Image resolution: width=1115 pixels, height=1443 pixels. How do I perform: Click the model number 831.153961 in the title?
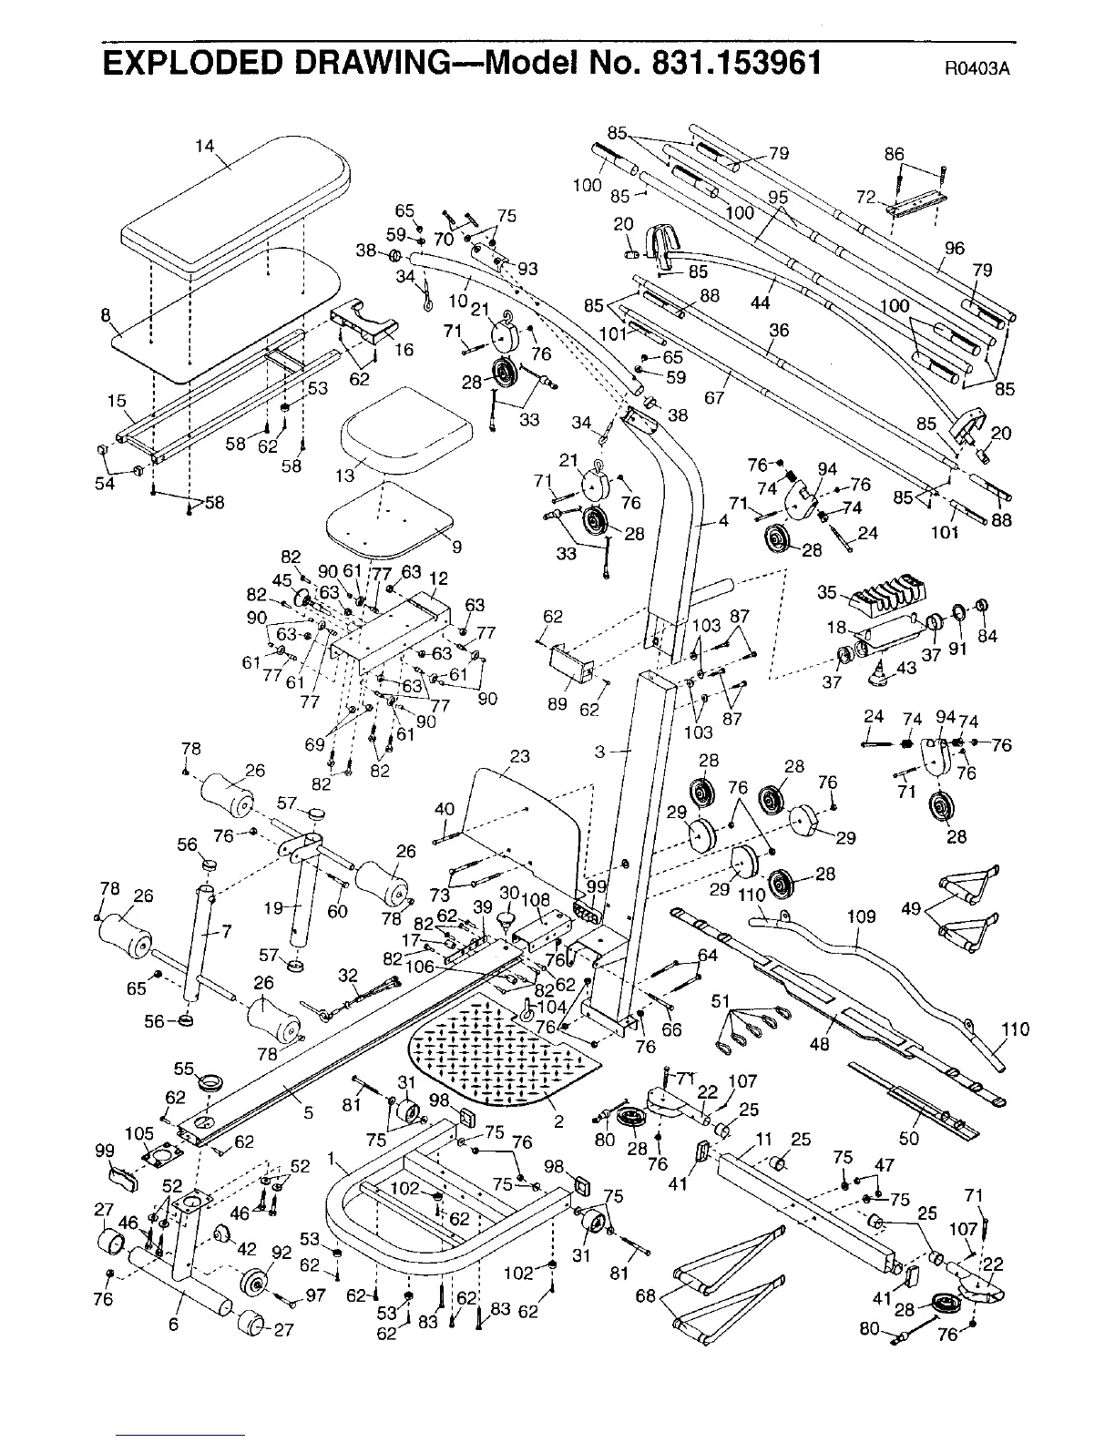[737, 64]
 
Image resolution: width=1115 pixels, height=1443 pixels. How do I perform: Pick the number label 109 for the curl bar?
[862, 917]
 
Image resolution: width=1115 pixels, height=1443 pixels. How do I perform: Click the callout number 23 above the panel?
[520, 756]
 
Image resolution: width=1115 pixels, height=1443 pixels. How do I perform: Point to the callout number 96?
[954, 248]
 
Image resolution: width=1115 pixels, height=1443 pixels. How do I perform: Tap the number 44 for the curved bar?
[760, 302]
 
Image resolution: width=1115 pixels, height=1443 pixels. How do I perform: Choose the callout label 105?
[139, 1133]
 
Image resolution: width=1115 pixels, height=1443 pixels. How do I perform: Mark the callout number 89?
[557, 704]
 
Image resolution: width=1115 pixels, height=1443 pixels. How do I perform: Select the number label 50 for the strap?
[908, 1138]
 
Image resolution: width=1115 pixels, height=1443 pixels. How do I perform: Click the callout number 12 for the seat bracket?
[438, 578]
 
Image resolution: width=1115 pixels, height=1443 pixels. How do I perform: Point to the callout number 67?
[714, 397]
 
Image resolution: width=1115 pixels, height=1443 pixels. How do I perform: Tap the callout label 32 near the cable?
[348, 976]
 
